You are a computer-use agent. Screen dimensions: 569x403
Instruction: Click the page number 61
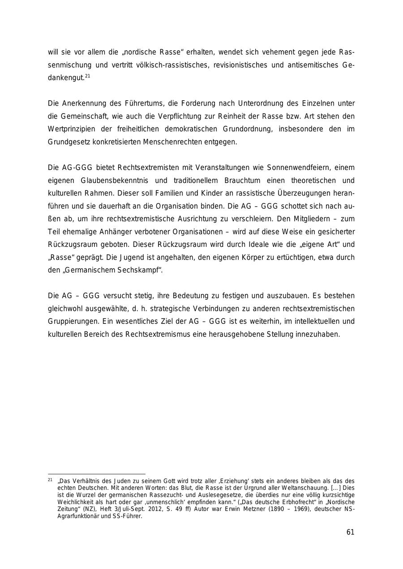click(x=350, y=532)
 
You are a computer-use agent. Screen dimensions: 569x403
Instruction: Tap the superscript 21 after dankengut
click(x=87, y=76)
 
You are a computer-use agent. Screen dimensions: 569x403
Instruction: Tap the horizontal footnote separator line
click(x=97, y=474)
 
